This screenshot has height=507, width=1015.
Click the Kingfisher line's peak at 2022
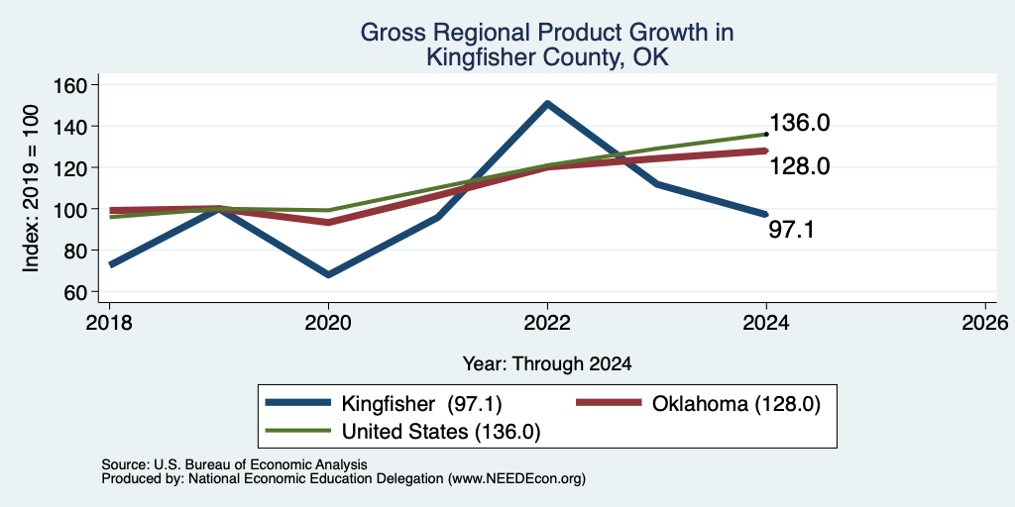pos(547,103)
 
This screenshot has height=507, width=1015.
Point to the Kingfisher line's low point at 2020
pos(329,275)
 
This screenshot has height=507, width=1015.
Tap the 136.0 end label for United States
pos(799,123)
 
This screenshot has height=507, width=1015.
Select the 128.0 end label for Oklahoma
pos(799,166)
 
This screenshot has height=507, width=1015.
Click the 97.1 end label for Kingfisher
pos(790,229)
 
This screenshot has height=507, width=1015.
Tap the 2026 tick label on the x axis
pos(985,322)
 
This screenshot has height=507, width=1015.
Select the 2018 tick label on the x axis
pos(109,322)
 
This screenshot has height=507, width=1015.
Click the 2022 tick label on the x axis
pos(547,322)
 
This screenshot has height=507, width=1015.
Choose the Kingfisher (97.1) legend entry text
pos(421,404)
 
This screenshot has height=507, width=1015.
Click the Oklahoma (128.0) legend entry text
pos(736,404)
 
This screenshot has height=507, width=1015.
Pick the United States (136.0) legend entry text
pos(440,432)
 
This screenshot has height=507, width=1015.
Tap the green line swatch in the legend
pos(298,431)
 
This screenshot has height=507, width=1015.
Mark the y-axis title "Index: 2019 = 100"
pos(31,188)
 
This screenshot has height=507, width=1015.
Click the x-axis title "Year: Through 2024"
pos(547,364)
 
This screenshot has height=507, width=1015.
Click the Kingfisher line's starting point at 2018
pos(111,263)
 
